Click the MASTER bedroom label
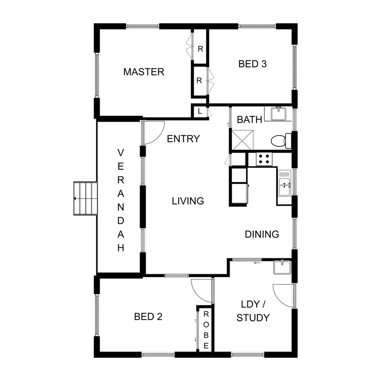(x=144, y=72)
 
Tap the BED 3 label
(x=252, y=64)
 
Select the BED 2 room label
(x=148, y=317)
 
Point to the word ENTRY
(x=183, y=139)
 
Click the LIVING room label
(x=188, y=201)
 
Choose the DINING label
(x=262, y=234)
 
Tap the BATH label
(x=249, y=120)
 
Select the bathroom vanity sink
(x=277, y=113)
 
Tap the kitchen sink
(x=284, y=183)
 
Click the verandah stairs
(x=85, y=198)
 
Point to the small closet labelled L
(x=200, y=111)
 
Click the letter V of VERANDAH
(x=121, y=153)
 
